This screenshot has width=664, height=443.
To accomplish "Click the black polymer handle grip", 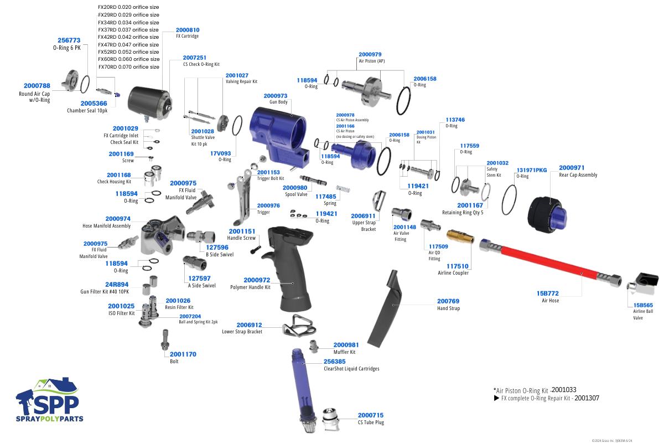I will [294, 271].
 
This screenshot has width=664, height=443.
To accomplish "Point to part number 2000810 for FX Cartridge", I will [188, 29].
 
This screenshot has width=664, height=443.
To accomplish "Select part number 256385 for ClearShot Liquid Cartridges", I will [335, 361].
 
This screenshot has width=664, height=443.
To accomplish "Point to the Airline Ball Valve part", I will [641, 282].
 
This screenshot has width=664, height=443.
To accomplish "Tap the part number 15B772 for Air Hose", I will [547, 293].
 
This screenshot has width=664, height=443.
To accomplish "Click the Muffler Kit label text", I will [344, 352].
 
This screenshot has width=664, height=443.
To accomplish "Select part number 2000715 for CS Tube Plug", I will [371, 415].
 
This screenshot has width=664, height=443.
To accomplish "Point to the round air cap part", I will [70, 81].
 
